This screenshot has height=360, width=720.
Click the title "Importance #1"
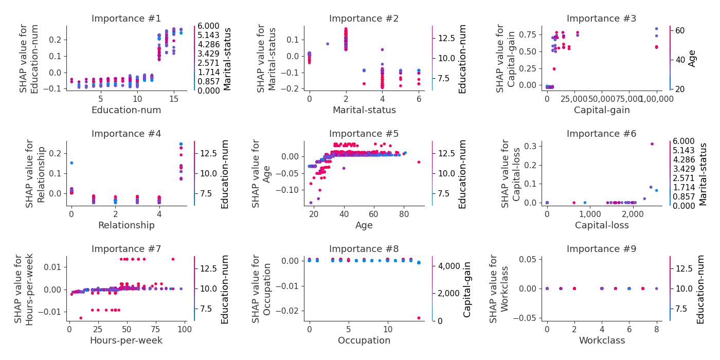coord(126,19)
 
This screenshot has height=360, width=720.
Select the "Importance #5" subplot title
coord(364,134)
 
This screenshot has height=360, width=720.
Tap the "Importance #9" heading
coord(601,249)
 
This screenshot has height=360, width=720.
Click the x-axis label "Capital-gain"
coord(601,110)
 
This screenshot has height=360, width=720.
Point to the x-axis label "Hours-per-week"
coord(126,340)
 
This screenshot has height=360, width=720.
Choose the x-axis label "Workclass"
coord(601,340)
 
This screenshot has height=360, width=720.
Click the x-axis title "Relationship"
coord(126,225)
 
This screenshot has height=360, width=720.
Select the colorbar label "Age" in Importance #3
coord(693,58)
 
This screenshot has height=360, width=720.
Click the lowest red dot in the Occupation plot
coord(419,318)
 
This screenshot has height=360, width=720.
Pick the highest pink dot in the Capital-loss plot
coord(652,144)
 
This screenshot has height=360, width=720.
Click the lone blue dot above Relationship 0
coord(71,163)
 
